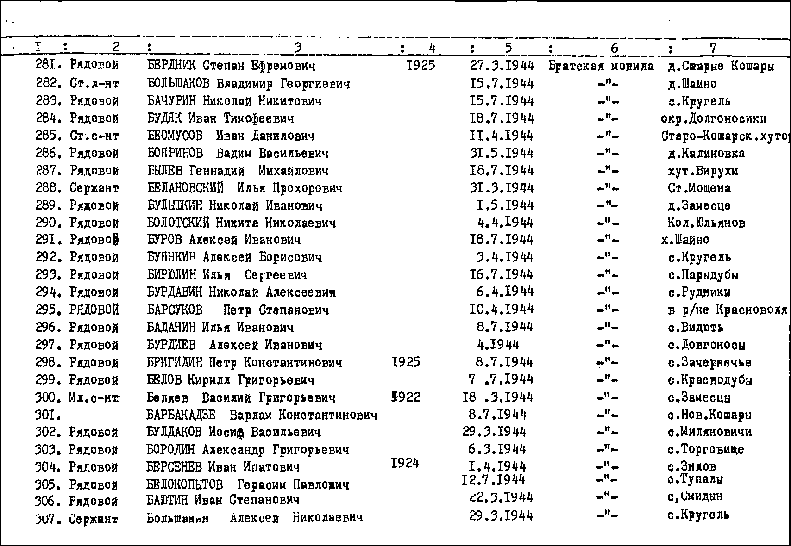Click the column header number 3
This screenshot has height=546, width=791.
(298, 47)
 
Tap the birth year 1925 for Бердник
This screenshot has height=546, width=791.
(421, 65)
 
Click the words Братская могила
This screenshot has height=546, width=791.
(601, 66)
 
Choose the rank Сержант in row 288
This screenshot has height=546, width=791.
(94, 188)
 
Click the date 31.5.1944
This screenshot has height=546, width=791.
(502, 153)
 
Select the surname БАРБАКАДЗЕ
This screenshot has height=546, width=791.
(181, 415)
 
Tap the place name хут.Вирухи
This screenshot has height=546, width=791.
(703, 171)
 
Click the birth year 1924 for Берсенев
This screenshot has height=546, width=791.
(405, 463)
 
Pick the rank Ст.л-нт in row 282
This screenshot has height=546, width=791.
(94, 84)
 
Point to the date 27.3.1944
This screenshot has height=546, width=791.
(502, 66)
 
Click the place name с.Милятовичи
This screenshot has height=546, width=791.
(709, 432)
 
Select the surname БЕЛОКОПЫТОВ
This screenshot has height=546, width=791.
(184, 484)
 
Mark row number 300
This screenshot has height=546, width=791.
(48, 397)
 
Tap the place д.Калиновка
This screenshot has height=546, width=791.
(706, 153)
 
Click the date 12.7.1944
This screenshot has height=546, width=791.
(493, 479)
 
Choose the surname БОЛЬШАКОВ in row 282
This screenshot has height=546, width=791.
(178, 84)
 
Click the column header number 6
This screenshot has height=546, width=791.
(614, 48)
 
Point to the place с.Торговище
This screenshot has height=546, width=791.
(705, 449)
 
